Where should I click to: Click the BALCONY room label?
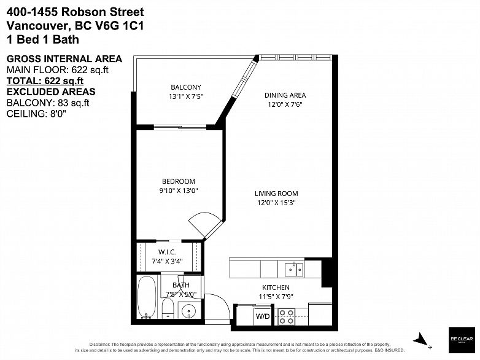click(x=185, y=87)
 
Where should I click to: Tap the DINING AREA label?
click(x=285, y=95)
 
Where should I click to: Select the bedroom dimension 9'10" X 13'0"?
click(x=179, y=190)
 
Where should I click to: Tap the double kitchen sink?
click(x=293, y=269)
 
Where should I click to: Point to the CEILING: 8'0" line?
click(x=36, y=114)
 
